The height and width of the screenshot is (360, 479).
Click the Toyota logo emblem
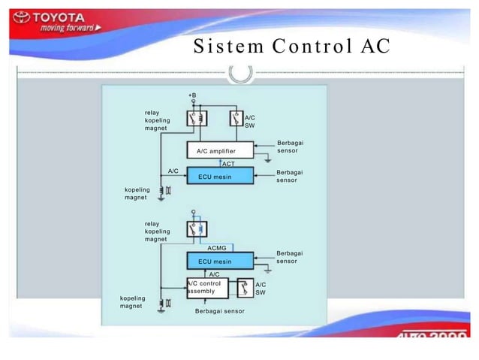[x=22, y=18]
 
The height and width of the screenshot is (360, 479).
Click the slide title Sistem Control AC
[x=292, y=46]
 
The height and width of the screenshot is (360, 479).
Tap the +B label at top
[x=192, y=95]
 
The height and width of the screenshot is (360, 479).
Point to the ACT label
[x=228, y=163]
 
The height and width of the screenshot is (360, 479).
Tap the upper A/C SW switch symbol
[x=237, y=119]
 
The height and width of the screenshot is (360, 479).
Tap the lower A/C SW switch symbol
[x=246, y=288]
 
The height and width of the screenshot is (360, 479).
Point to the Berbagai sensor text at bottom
[x=219, y=310]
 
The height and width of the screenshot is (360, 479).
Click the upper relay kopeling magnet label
[x=158, y=120]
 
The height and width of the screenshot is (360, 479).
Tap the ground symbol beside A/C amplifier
[x=267, y=159]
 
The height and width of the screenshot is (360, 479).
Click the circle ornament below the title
[x=240, y=73]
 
